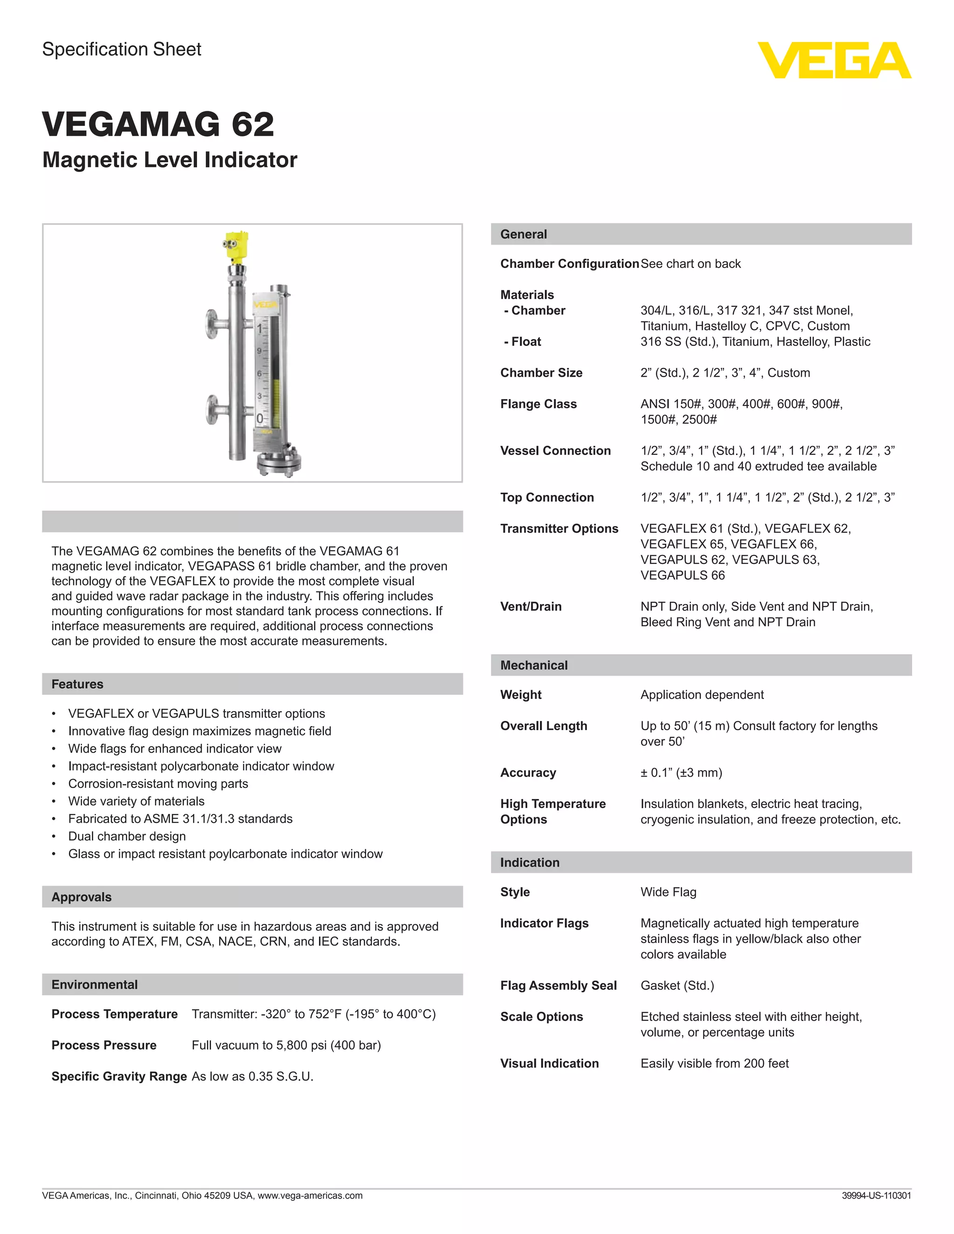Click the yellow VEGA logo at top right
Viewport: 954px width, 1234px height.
(x=834, y=61)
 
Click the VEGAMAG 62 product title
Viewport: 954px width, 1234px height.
(x=158, y=124)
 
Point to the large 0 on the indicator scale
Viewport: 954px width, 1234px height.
(x=259, y=419)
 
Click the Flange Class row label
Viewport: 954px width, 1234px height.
(x=538, y=404)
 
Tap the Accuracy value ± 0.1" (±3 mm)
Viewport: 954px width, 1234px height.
(x=681, y=773)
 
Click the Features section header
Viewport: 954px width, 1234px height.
(x=77, y=684)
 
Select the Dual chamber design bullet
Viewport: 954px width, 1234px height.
(x=127, y=836)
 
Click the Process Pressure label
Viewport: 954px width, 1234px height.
(x=104, y=1045)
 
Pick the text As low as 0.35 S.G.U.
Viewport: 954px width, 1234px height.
(x=252, y=1076)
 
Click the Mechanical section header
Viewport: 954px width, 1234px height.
(x=533, y=665)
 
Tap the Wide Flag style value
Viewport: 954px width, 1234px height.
(x=668, y=892)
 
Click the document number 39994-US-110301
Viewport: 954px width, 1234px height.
(x=876, y=1195)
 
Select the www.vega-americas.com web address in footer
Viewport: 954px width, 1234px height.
(x=310, y=1195)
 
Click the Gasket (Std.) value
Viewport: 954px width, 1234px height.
(x=677, y=985)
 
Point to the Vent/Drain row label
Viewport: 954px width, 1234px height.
(x=531, y=607)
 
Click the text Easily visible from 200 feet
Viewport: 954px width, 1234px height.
(x=715, y=1064)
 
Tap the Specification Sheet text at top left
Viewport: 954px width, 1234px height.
(x=122, y=49)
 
